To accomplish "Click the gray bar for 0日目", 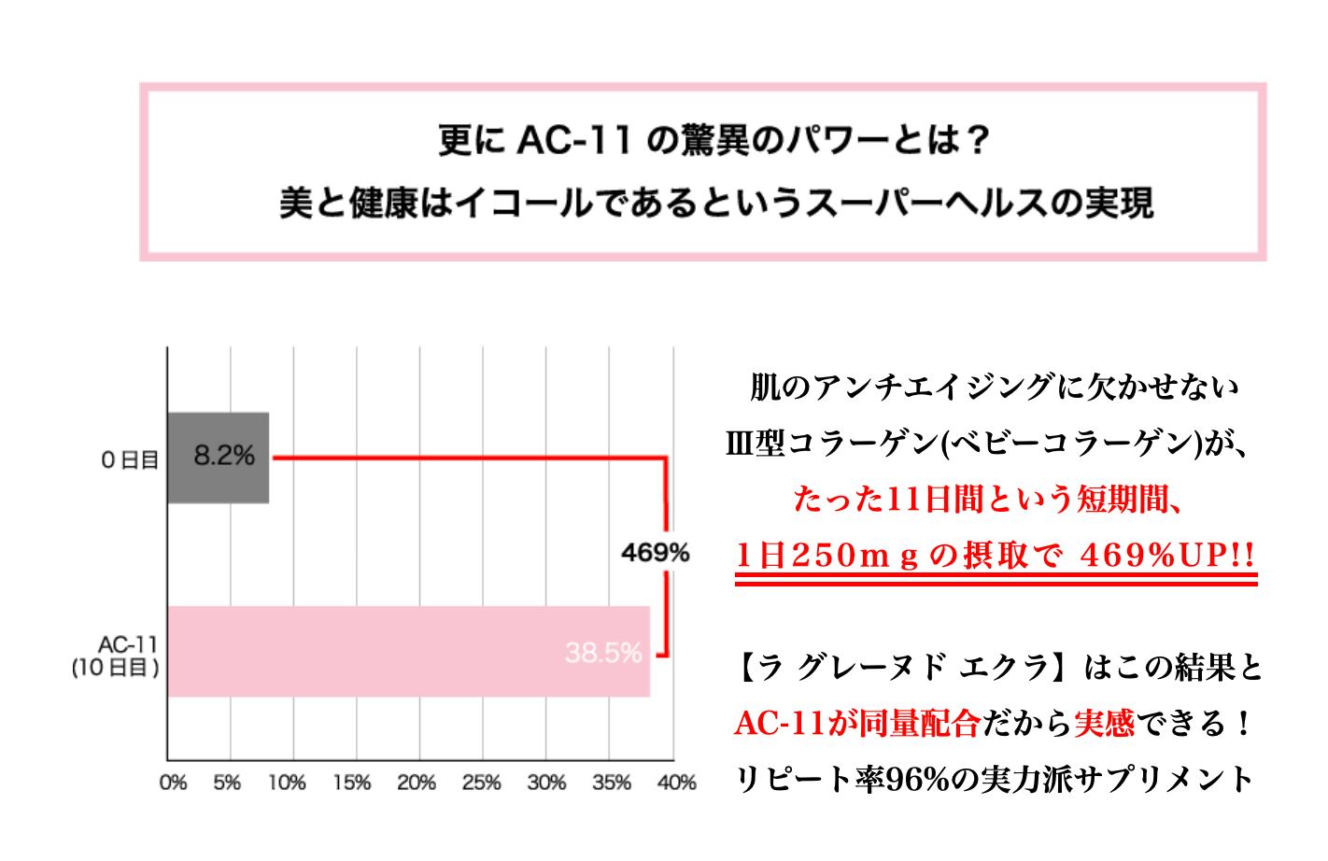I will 219,458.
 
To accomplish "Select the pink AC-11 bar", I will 408,651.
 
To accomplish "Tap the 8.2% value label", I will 224,456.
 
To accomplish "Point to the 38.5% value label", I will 602,653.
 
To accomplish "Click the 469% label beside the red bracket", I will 655,553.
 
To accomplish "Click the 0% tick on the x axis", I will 174,783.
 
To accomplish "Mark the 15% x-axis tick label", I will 351,783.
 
